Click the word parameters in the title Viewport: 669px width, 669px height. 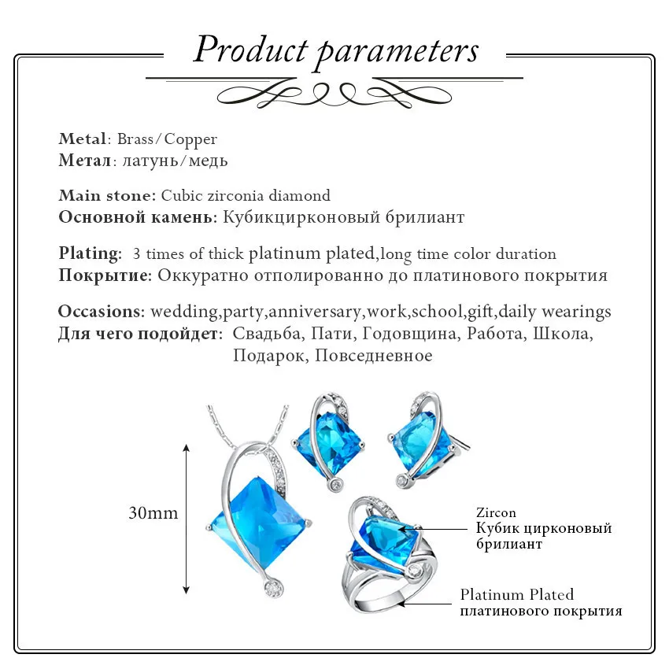pos(397,50)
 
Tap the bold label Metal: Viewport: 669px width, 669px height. pos(83,139)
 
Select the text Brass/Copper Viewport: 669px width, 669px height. pos(167,139)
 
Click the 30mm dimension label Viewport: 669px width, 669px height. pos(153,514)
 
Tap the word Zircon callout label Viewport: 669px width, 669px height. pos(496,513)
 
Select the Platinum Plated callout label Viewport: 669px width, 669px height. pos(517,594)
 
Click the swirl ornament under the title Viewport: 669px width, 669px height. pos(334,95)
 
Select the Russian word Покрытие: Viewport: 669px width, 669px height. pos(105,275)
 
